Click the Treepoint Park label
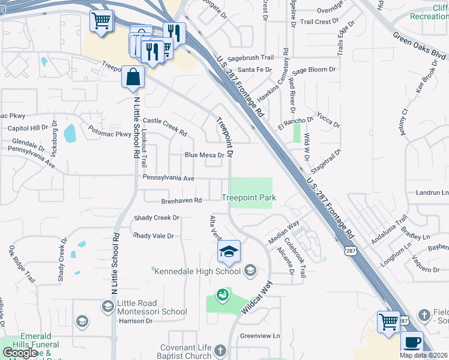click(x=248, y=197)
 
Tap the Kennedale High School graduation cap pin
click(x=229, y=252)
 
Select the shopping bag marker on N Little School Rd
click(x=133, y=78)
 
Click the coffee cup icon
click(x=412, y=343)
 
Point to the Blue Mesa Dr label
click(x=204, y=155)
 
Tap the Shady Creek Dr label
click(x=157, y=218)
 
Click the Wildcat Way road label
click(x=256, y=297)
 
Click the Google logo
click(x=20, y=353)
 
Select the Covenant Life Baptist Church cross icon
click(x=220, y=350)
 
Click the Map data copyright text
click(x=423, y=355)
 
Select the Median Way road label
click(x=284, y=232)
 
